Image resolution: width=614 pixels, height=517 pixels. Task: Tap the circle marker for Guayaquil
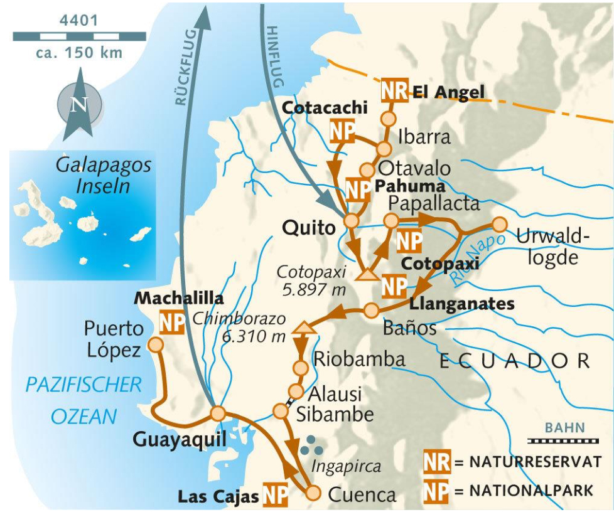tap(218, 413)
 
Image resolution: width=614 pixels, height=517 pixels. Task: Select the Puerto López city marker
tap(155, 344)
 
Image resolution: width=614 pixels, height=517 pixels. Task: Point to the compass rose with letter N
tap(78, 104)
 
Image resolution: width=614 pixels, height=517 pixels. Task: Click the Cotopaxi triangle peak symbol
tap(366, 274)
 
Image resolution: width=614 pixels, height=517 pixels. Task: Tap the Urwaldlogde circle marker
tap(499, 224)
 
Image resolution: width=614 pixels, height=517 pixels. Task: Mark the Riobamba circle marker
tap(300, 368)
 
